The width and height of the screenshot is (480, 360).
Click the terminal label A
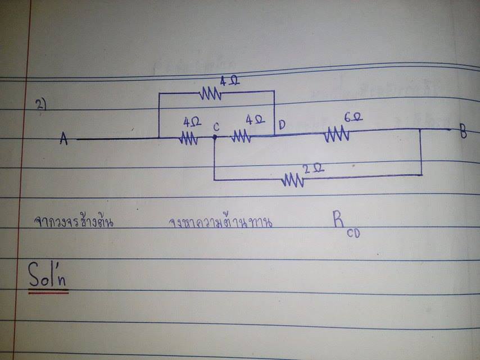pyautogui.click(x=64, y=139)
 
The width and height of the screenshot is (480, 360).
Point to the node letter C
pyautogui.click(x=216, y=127)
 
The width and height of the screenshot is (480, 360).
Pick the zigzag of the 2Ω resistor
pyautogui.click(x=293, y=180)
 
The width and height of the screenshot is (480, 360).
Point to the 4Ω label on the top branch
pyautogui.click(x=229, y=82)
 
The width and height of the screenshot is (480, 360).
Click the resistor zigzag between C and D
pyautogui.click(x=241, y=136)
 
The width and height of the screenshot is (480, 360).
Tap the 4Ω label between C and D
pyautogui.click(x=255, y=120)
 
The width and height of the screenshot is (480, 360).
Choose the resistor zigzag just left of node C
pyautogui.click(x=189, y=138)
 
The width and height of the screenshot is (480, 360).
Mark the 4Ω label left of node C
pyautogui.click(x=191, y=121)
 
